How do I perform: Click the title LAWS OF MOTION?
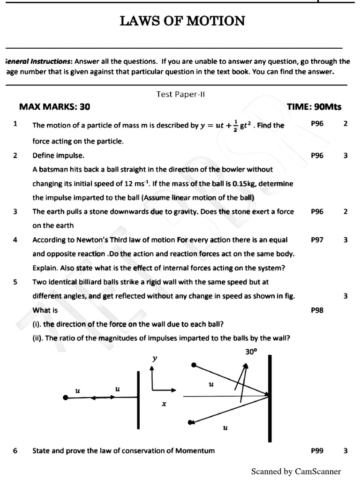tap(182, 21)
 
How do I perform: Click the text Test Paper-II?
tap(181, 94)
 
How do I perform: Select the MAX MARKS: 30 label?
tap(54, 107)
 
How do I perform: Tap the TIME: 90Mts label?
tap(314, 107)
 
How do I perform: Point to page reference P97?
tap(317, 240)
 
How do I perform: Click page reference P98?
tap(317, 310)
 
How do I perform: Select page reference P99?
tap(317, 450)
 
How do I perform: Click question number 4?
tap(15, 240)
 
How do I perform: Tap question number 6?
tap(15, 450)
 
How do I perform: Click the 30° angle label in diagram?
tap(251, 350)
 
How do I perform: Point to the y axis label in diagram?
tap(155, 358)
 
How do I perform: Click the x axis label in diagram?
tap(164, 403)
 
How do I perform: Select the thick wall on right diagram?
tap(270, 398)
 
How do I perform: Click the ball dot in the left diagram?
tap(65, 397)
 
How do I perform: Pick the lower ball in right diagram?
tap(190, 422)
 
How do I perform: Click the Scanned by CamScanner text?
tap(296, 471)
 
